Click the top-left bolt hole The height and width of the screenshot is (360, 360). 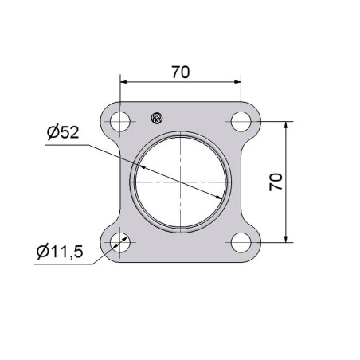(x=120, y=122)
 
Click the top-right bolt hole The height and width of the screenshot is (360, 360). (x=241, y=122)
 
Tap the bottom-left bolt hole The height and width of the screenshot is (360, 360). (x=120, y=242)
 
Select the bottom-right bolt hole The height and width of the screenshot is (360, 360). (x=241, y=242)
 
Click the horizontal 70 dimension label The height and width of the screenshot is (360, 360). (x=181, y=72)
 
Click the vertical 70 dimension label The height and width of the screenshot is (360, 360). (x=276, y=182)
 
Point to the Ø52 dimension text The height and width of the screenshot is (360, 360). (x=63, y=132)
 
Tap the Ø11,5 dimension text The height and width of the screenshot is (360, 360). (x=60, y=251)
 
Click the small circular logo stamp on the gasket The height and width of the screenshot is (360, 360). (x=157, y=118)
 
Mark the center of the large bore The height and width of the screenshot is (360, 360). (x=180, y=182)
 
